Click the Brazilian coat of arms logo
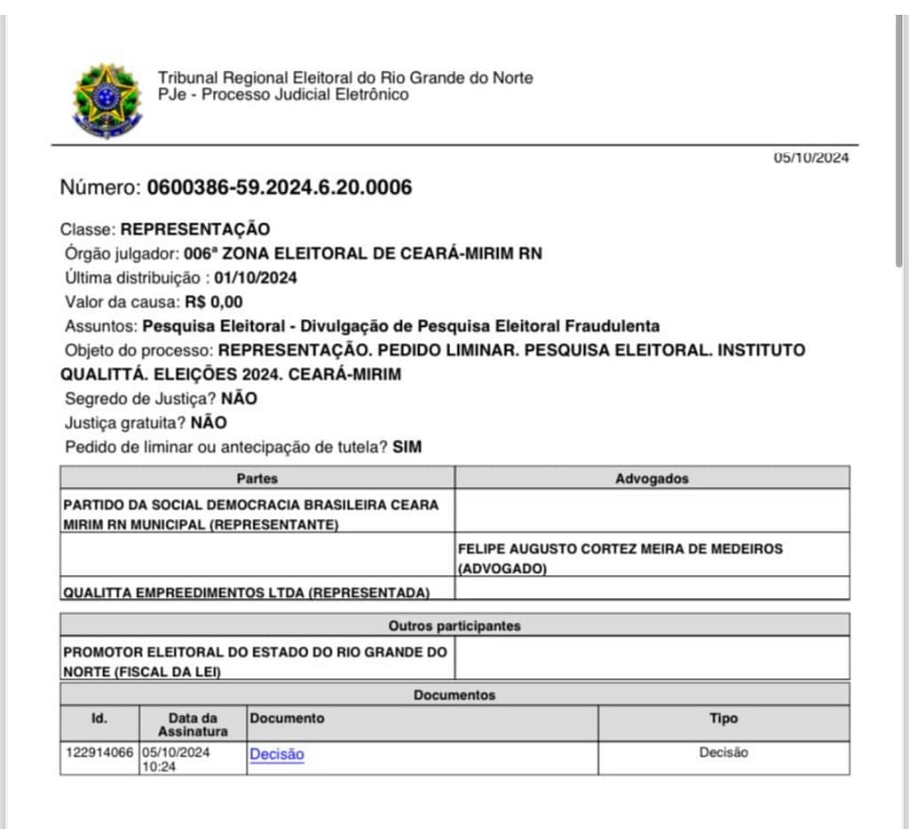[107, 100]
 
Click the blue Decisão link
[277, 754]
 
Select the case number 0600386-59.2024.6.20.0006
[279, 187]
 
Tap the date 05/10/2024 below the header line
[810, 158]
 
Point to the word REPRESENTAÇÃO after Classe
[195, 229]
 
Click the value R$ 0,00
[214, 301]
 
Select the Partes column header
[257, 478]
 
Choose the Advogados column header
[652, 478]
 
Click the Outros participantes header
[454, 626]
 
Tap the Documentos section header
[454, 695]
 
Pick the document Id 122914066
[99, 753]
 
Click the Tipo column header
[723, 718]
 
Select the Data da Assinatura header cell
[193, 724]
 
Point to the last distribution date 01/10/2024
[256, 277]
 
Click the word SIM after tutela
[407, 447]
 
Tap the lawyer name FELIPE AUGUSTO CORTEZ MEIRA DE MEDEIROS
[620, 549]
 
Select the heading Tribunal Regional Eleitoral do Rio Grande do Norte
[345, 78]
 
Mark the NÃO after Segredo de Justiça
[239, 399]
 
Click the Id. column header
[99, 718]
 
